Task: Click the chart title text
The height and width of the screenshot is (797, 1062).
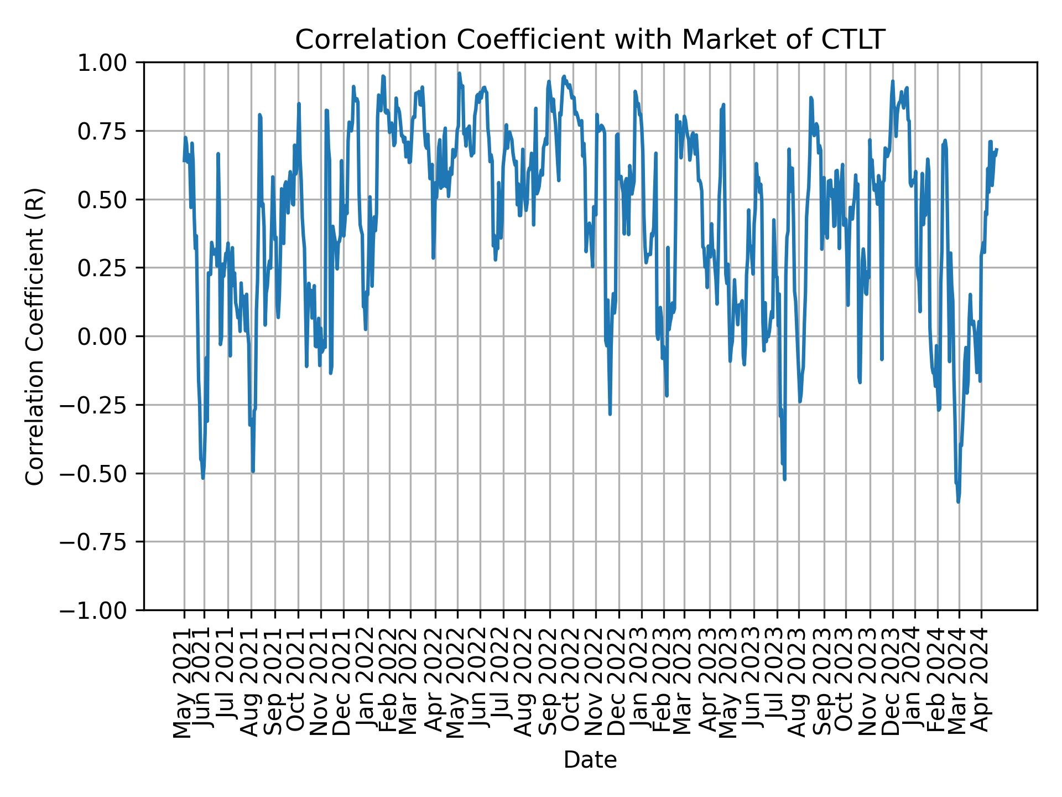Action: click(590, 40)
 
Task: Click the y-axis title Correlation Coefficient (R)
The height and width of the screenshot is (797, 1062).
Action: click(35, 336)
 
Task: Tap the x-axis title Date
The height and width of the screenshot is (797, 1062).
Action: click(590, 760)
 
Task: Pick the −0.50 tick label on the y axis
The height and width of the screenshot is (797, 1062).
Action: click(100, 473)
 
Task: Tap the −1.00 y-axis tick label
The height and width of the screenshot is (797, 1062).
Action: click(100, 610)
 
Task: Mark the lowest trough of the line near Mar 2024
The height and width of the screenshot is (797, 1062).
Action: click(958, 502)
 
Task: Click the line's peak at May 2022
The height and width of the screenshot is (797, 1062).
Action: click(459, 73)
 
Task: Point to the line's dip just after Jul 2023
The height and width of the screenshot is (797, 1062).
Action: click(784, 479)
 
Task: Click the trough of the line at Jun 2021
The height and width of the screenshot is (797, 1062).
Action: click(203, 478)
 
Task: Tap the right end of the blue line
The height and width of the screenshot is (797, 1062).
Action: click(997, 149)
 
